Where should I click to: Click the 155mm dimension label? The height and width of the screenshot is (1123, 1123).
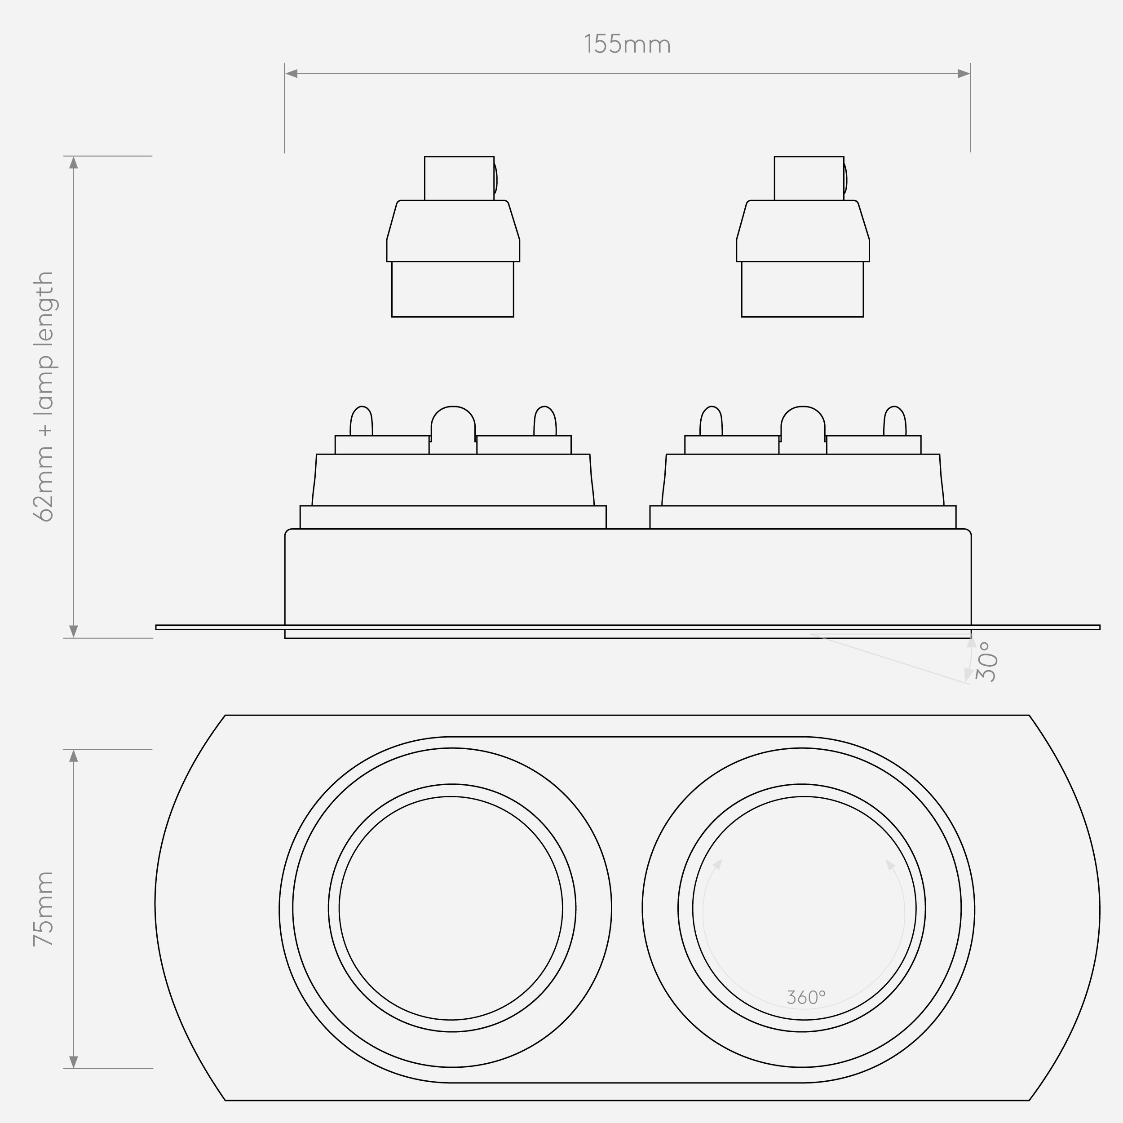tap(627, 45)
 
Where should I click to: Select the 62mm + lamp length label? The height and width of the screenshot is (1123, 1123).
tap(44, 397)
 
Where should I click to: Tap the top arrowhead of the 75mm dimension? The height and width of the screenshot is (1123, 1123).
tap(73, 756)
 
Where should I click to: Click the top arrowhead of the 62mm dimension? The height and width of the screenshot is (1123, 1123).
tap(73, 162)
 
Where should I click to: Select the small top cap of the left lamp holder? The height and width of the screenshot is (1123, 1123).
tap(459, 178)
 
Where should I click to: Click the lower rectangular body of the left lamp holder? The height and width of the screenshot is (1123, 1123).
tap(453, 289)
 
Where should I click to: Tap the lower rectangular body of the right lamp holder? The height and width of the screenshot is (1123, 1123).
tap(803, 289)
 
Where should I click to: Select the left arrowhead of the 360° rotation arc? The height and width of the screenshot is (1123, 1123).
tap(718, 864)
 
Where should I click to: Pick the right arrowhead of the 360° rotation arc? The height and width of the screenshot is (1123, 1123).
tap(890, 864)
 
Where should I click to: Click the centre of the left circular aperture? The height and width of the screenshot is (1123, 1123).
tap(451, 908)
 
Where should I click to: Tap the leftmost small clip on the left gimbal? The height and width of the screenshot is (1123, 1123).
tap(361, 421)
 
